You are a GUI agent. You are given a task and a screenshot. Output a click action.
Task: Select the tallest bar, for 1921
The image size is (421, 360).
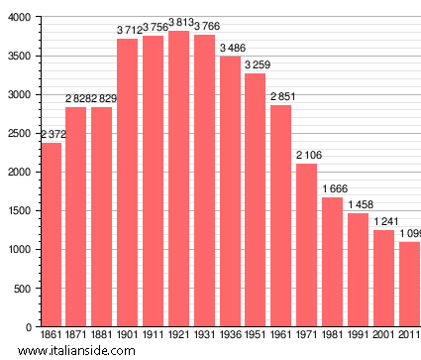pyautogui.click(x=178, y=179)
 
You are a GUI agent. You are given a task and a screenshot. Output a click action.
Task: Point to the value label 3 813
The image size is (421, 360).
pyautogui.click(x=178, y=23)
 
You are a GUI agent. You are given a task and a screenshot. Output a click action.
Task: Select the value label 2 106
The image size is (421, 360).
pyautogui.click(x=306, y=155)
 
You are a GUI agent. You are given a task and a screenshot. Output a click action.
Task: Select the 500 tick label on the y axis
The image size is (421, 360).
pyautogui.click(x=21, y=289)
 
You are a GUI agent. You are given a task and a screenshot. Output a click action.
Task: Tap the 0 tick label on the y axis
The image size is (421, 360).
pyautogui.click(x=27, y=327)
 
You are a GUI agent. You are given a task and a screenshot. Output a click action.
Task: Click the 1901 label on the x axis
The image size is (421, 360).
pyautogui.click(x=127, y=337)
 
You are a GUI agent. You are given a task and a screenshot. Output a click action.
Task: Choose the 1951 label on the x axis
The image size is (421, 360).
pyautogui.click(x=256, y=337)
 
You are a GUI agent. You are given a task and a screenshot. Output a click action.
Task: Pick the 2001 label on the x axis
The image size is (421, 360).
pyautogui.click(x=383, y=337)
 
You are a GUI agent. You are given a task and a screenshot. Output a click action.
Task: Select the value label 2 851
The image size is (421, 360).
pyautogui.click(x=281, y=96)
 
